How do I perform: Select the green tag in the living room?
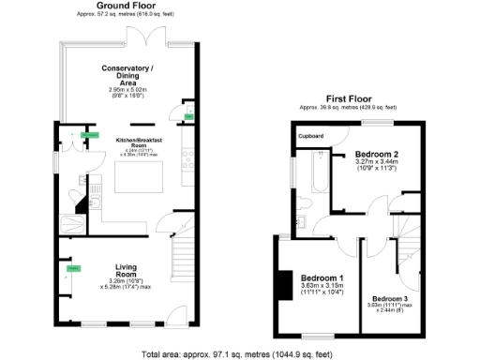coord(72,270)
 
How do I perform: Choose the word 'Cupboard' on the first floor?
coord(310,136)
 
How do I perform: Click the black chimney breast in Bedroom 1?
coord(278,285)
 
